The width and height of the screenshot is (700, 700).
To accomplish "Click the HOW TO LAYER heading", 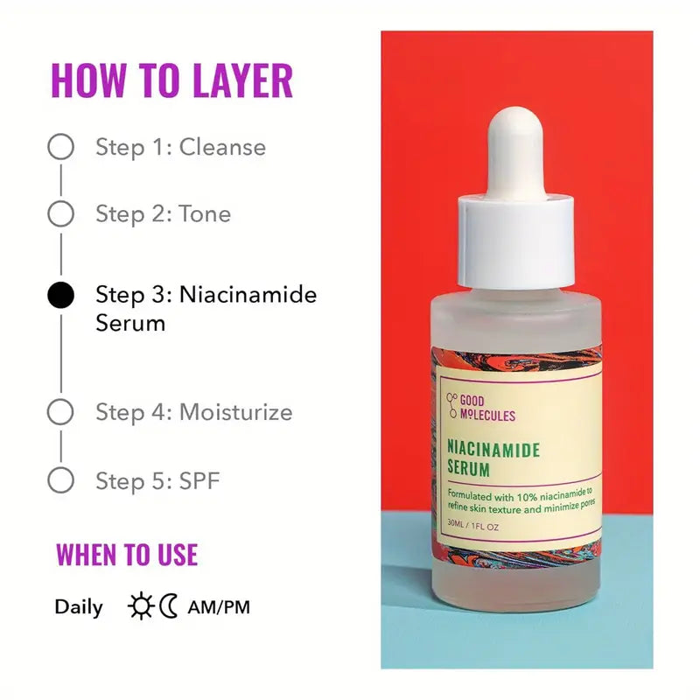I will (x=171, y=80).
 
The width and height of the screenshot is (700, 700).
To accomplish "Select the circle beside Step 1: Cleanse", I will (x=60, y=147).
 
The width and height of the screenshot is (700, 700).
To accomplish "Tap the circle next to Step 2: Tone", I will (x=60, y=213).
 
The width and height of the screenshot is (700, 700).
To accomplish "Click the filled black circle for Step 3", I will (x=60, y=295).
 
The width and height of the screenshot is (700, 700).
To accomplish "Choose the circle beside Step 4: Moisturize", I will (x=60, y=412).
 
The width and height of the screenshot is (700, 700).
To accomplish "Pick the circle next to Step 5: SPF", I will (x=60, y=480).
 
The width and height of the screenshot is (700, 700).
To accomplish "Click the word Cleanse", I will (x=222, y=147).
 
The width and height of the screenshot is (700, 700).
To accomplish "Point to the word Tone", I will (x=205, y=213).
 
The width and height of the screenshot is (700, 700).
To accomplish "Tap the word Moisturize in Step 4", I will (x=235, y=412).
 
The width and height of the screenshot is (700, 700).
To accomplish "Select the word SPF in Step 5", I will (x=201, y=480).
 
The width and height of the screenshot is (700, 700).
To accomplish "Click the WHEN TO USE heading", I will (x=127, y=555).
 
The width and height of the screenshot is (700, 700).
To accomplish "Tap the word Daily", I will (x=79, y=606).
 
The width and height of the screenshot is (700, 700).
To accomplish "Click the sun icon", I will (x=139, y=606).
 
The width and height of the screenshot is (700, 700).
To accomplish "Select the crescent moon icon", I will (x=169, y=606).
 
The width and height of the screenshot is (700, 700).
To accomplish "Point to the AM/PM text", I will (x=219, y=606).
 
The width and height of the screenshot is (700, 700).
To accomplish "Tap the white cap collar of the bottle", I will (x=516, y=241).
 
